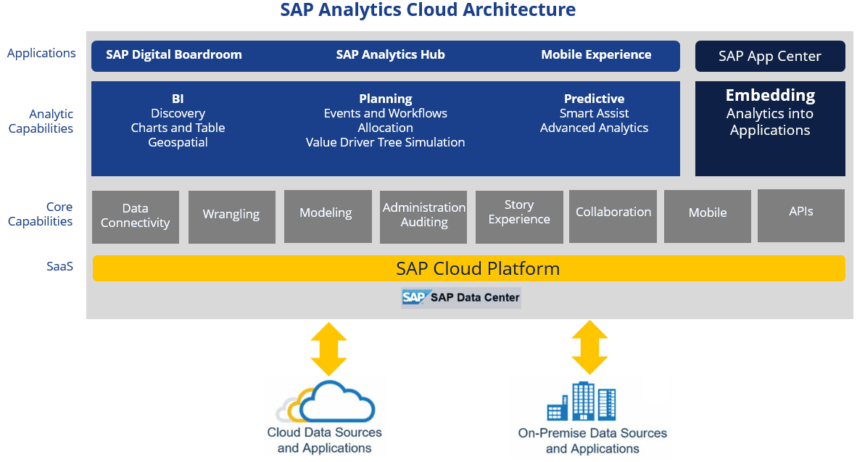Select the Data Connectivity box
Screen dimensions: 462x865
[x=136, y=216]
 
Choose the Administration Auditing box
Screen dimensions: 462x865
[x=424, y=215]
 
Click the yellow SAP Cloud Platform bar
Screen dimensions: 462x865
[x=468, y=268]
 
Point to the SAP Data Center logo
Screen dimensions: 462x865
[x=461, y=297]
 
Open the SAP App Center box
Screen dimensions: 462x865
[x=770, y=57]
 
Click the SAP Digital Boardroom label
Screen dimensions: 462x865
[x=174, y=55]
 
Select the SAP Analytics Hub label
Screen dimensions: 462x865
[x=391, y=55]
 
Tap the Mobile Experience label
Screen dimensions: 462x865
[x=596, y=55]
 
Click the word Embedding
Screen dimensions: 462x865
[x=770, y=96]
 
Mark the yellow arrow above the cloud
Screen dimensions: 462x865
[x=328, y=349]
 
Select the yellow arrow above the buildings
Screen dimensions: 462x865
[x=589, y=347]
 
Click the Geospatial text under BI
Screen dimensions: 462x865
[x=178, y=143]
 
